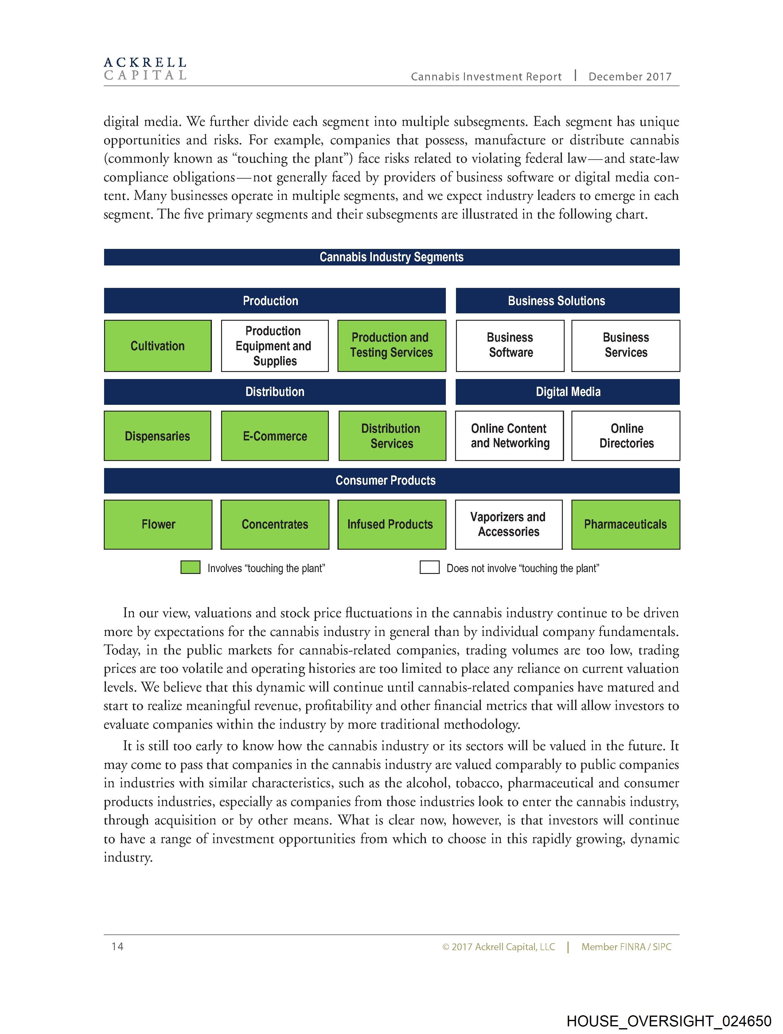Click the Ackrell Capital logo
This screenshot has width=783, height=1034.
[145, 69]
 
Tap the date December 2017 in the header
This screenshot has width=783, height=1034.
[629, 77]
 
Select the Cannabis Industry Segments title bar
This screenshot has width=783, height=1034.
[391, 257]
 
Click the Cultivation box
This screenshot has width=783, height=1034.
[158, 346]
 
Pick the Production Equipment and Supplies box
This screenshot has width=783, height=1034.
[275, 346]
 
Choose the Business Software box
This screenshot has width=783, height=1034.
[510, 346]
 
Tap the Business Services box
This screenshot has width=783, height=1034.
[626, 346]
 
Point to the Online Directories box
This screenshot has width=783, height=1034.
[626, 436]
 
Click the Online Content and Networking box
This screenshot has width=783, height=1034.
[509, 436]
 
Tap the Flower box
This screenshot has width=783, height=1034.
[158, 525]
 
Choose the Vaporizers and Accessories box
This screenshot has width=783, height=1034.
[508, 525]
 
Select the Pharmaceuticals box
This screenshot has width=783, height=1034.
[625, 525]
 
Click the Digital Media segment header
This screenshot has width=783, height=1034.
[567, 392]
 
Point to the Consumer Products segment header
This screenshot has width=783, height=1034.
[391, 481]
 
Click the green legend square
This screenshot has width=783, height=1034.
[190, 567]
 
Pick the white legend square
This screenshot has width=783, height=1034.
[429, 567]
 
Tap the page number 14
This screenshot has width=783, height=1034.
[117, 947]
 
